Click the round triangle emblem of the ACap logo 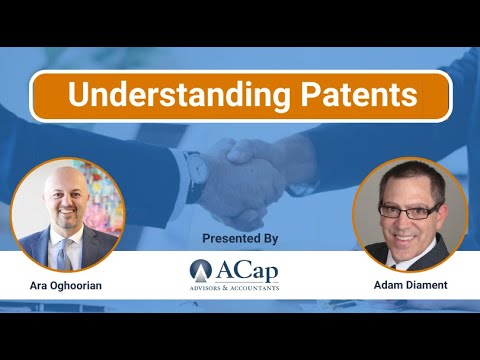[x=203, y=270]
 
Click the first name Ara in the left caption [x=38, y=285]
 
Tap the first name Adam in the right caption [x=384, y=285]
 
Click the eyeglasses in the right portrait [x=410, y=211]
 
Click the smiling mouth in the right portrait [x=410, y=234]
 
